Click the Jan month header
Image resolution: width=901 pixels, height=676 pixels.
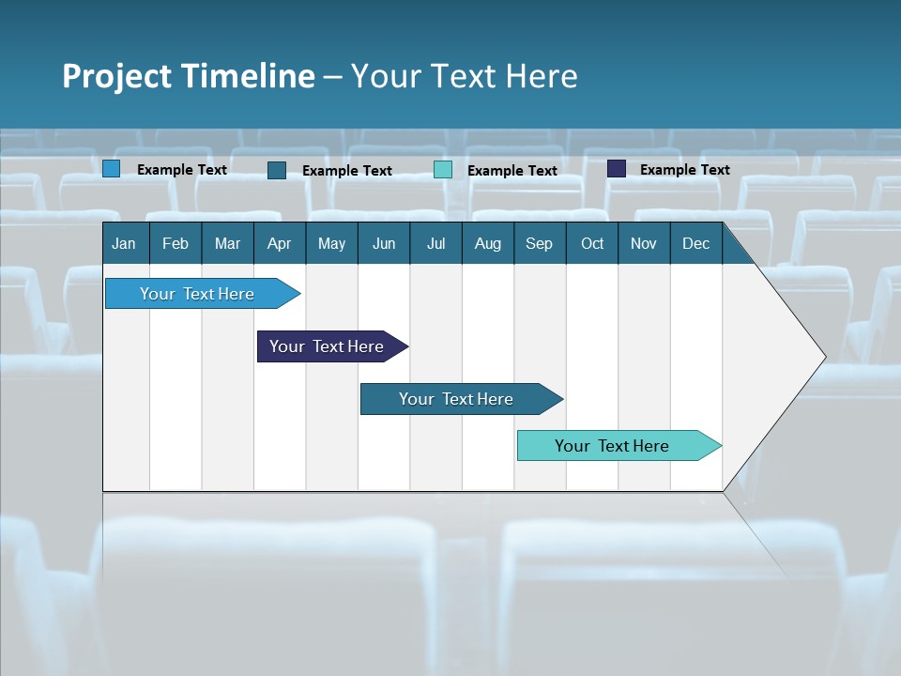point(124,243)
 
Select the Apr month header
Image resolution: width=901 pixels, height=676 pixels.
point(279,243)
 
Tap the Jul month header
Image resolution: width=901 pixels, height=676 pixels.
point(435,243)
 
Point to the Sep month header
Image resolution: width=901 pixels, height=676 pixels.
point(539,243)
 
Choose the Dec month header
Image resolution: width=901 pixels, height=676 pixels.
point(695,243)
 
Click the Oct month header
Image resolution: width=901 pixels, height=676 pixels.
point(592,243)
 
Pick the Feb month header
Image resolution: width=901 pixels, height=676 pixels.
point(176,243)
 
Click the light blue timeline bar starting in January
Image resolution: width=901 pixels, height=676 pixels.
point(198,294)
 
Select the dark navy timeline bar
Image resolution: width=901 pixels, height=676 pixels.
point(328,346)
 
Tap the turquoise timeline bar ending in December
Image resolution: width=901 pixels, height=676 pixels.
point(613,446)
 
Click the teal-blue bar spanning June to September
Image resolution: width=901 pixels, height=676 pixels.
point(457,399)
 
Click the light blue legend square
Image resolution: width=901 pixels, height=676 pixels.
point(111,169)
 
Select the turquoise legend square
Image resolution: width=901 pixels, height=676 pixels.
point(443,170)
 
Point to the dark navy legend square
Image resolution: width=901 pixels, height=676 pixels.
point(616,169)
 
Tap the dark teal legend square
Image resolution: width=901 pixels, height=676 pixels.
point(277,170)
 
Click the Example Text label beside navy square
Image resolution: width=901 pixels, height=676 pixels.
point(684,170)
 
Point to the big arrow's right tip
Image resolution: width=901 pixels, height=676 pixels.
point(824,357)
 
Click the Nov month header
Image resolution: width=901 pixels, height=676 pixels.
point(644,243)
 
